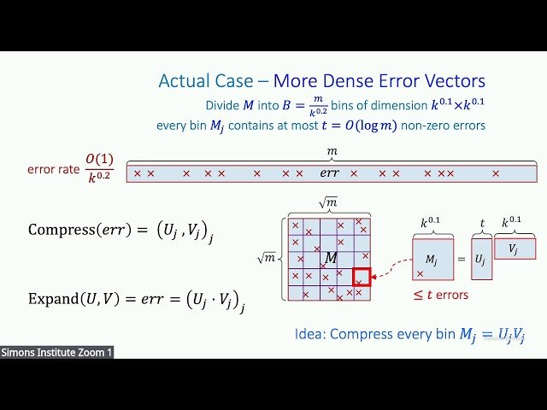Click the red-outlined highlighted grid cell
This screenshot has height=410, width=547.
362,278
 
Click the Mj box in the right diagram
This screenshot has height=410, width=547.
436,259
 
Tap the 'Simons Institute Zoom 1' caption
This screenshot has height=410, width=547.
56,352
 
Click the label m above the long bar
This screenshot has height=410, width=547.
332,151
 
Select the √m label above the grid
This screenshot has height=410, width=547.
327,202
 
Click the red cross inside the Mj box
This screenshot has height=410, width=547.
420,273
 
